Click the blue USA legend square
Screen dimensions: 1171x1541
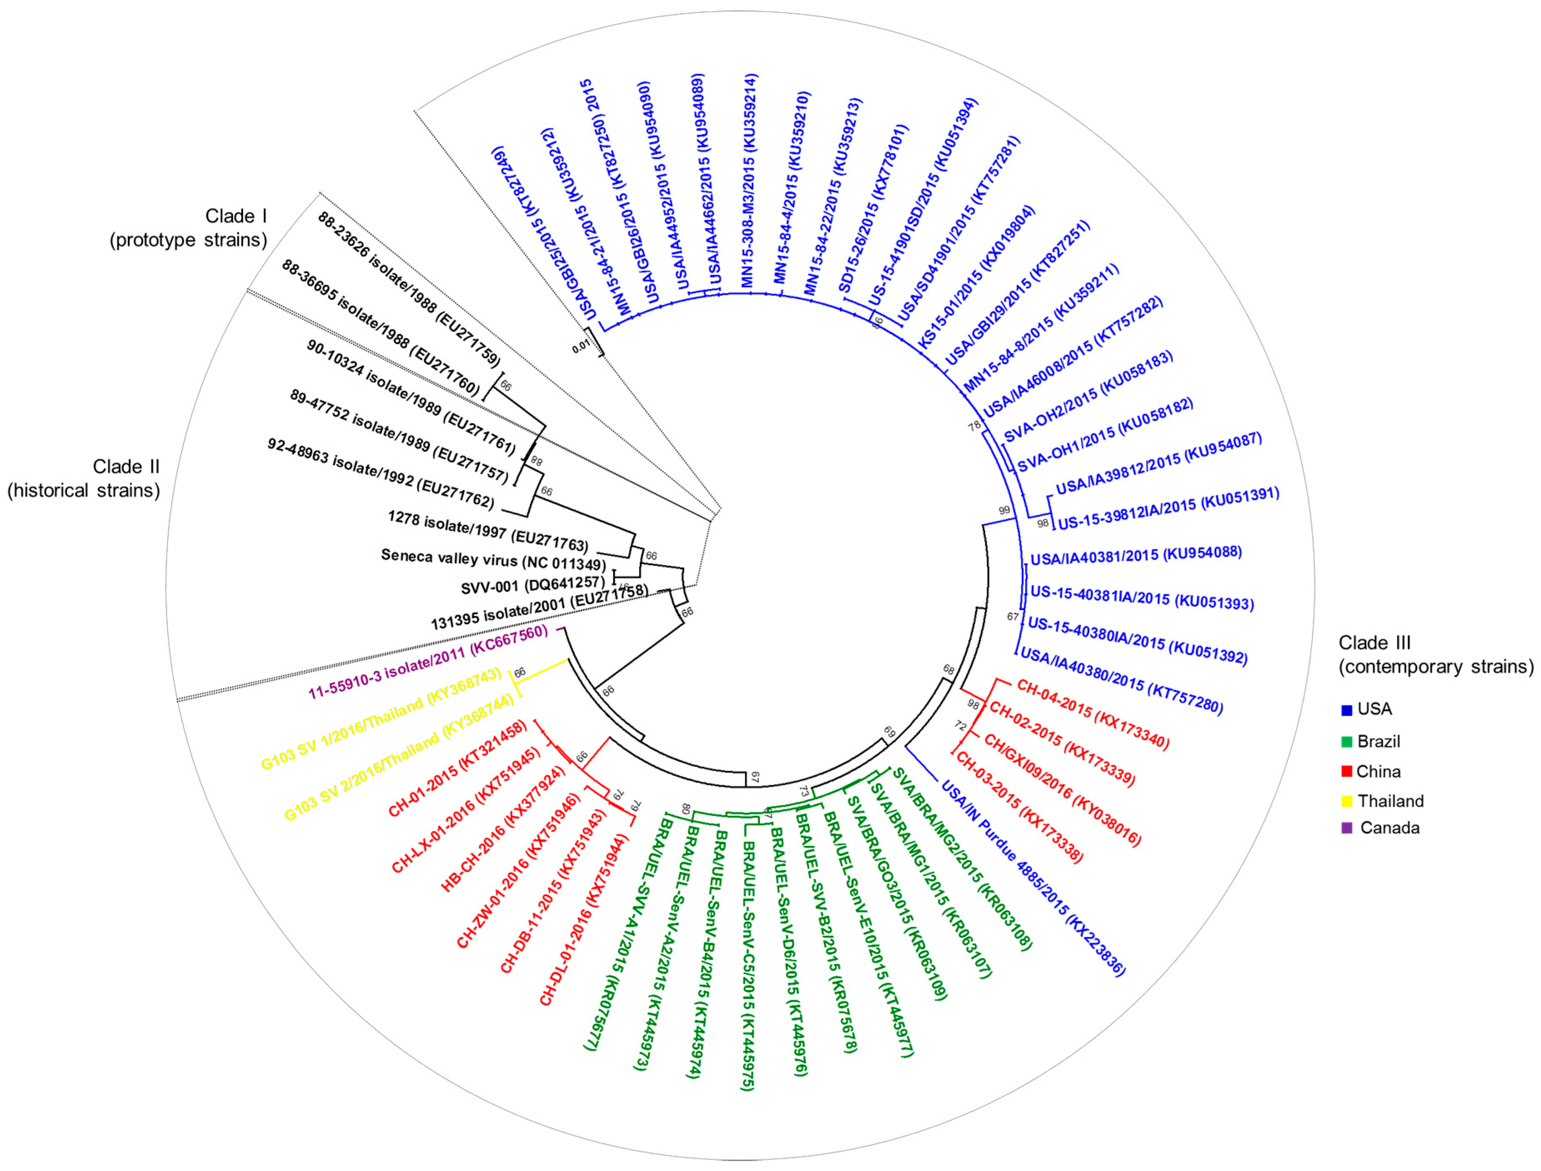[x=1346, y=710]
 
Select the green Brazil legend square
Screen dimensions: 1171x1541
[x=1346, y=742]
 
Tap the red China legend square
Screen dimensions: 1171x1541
[x=1346, y=772]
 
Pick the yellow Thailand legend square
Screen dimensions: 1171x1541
[x=1346, y=801]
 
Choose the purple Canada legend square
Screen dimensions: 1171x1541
[x=1346, y=828]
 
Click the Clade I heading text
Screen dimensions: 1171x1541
[x=236, y=216]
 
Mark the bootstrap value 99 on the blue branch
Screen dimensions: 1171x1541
[x=1004, y=510]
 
